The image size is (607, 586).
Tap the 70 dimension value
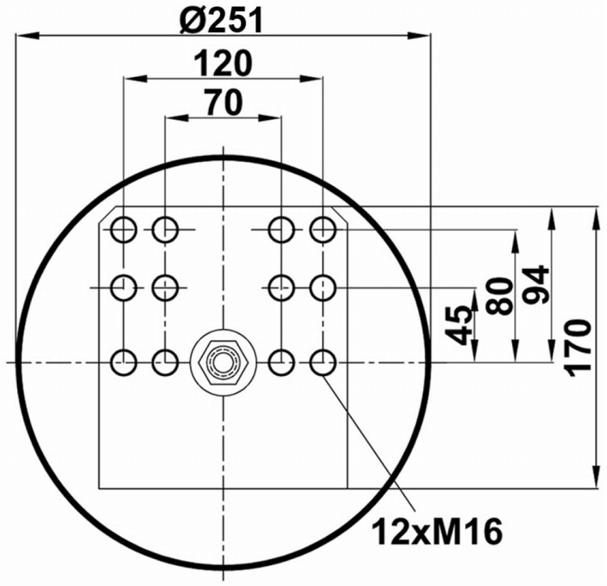click(224, 102)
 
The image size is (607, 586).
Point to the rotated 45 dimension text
click(459, 326)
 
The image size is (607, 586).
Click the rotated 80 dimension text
click(500, 296)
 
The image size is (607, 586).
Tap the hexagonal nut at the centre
click(223, 363)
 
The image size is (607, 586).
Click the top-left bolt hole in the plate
click(124, 230)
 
